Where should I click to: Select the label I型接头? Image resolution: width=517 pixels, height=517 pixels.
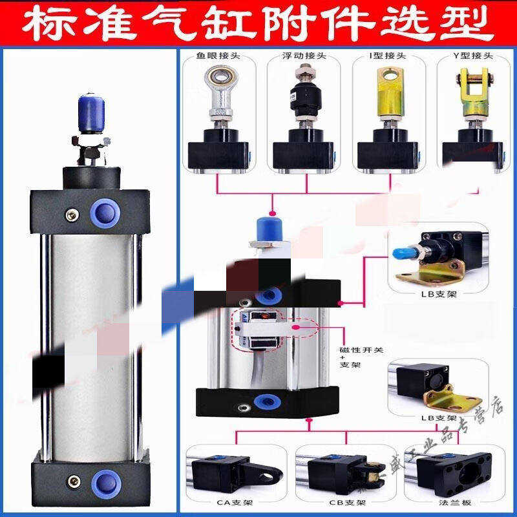385,56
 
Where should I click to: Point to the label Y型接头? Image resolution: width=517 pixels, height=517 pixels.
470,56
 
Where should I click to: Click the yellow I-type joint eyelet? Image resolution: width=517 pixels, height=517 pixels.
386,84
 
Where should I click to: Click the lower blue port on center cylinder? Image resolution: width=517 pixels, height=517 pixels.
263,398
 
